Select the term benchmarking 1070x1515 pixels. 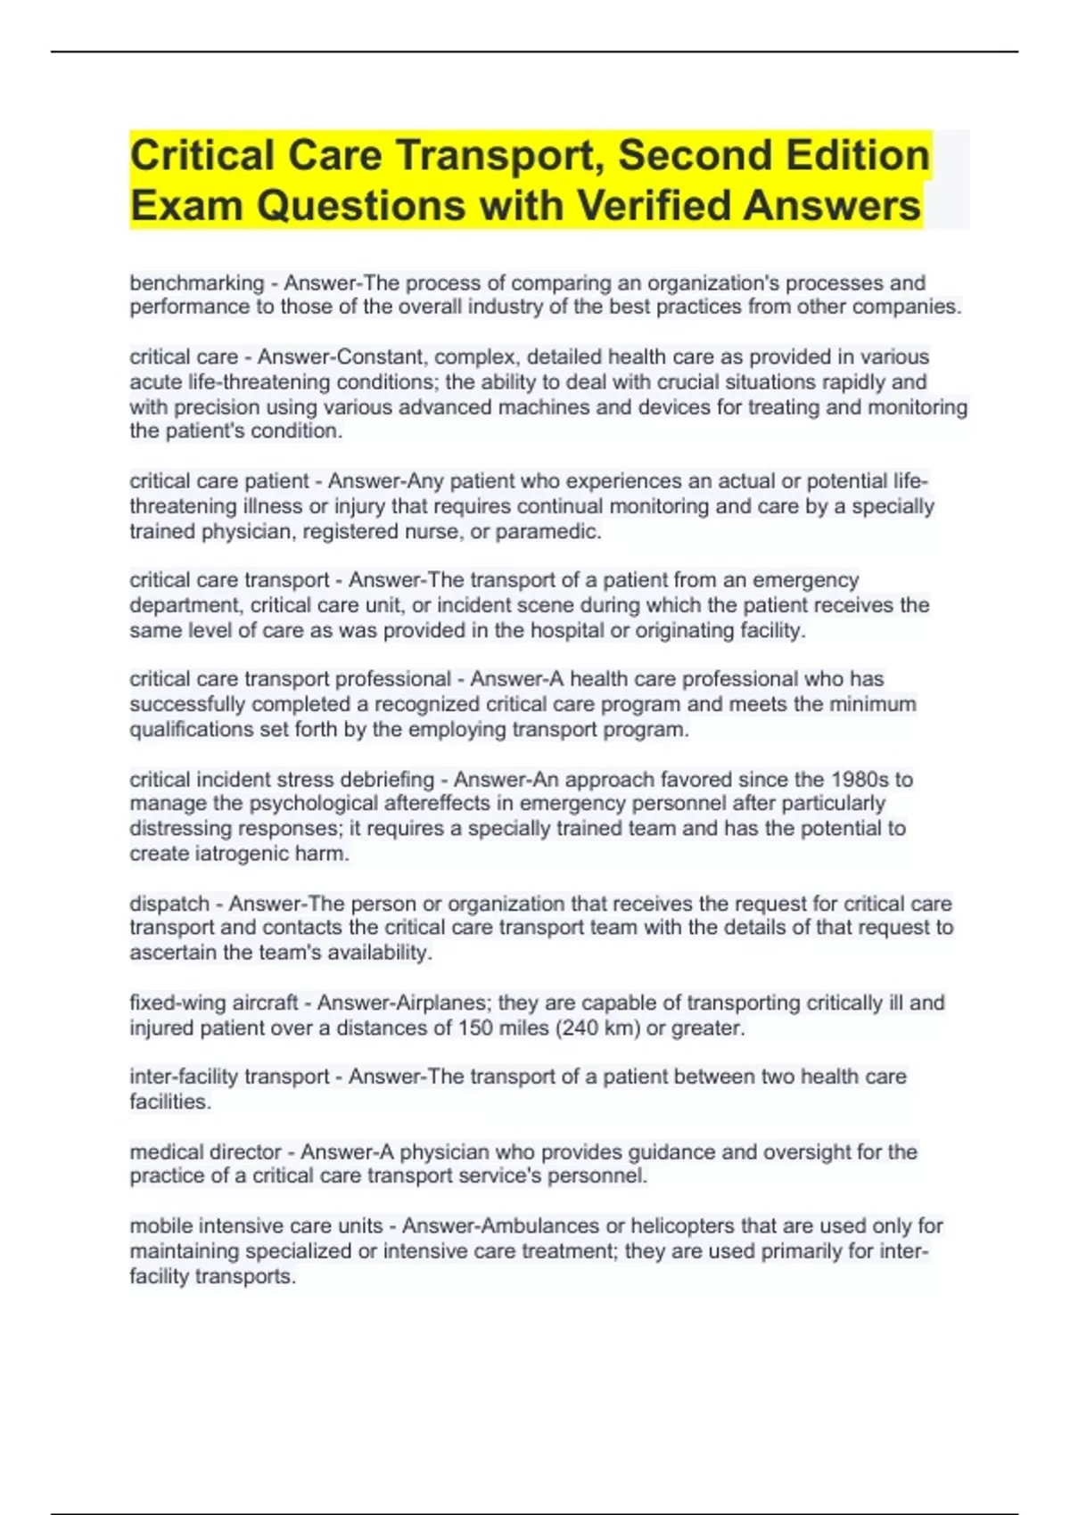click(x=196, y=283)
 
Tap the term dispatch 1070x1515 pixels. click(x=169, y=904)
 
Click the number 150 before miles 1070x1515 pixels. click(x=475, y=1028)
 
